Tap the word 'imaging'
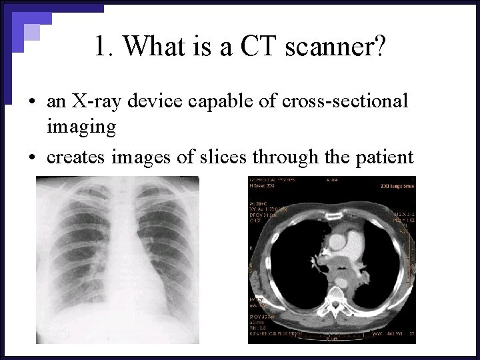tap(81, 125)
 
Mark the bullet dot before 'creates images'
tap(32, 157)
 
